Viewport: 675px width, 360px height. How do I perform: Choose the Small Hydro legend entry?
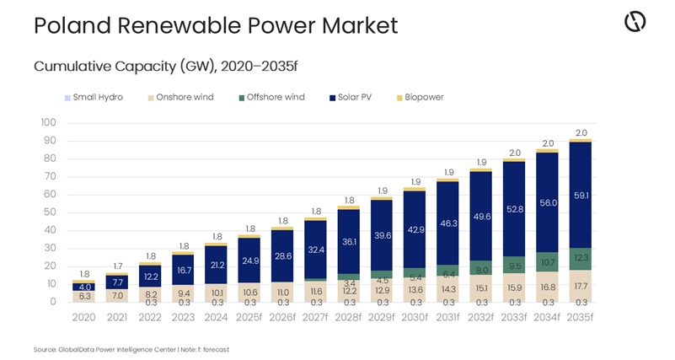(x=98, y=97)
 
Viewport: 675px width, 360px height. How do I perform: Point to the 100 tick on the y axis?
(x=48, y=123)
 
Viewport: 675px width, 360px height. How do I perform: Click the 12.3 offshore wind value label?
(x=580, y=258)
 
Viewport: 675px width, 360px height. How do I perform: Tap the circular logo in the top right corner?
(x=635, y=23)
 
